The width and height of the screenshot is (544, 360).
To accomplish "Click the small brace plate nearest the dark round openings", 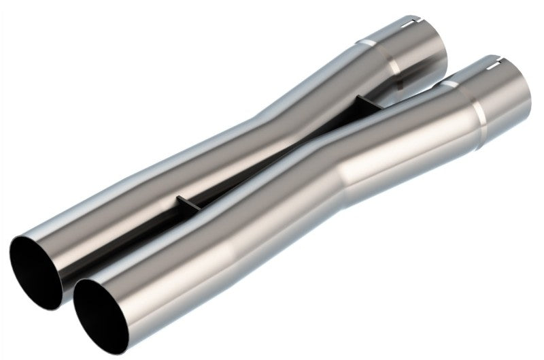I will pyautogui.click(x=181, y=201).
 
